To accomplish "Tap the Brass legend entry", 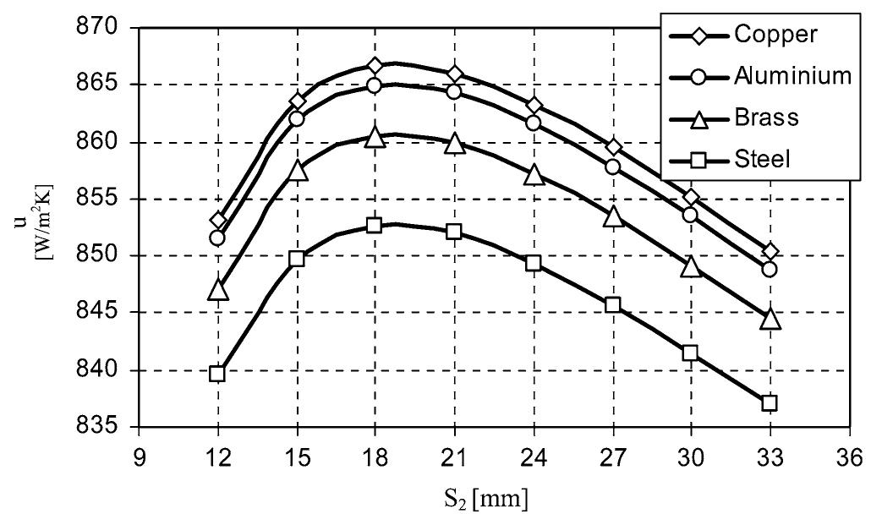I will [766, 117].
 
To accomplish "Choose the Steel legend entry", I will [763, 157].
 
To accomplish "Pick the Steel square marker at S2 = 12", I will [217, 374].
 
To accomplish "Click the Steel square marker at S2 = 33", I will [770, 402].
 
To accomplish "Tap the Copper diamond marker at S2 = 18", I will [375, 66].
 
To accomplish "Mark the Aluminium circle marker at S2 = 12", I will [217, 238].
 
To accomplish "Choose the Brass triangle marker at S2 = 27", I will [612, 217].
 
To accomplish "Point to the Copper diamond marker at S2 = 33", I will [770, 251].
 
